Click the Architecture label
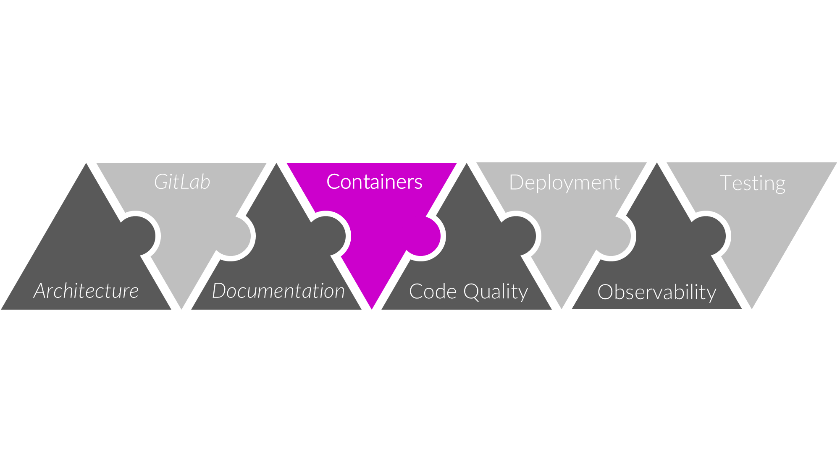point(86,291)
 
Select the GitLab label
point(182,182)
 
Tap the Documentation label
point(278,291)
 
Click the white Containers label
point(374,182)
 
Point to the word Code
point(433,292)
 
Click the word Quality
point(496,292)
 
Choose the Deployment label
point(564,183)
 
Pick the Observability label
point(657,292)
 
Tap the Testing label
point(752,183)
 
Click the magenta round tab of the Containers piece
point(426,237)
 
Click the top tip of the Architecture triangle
point(86,165)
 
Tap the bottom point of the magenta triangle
point(372,307)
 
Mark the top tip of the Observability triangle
point(657,165)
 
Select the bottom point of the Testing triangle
point(752,307)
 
